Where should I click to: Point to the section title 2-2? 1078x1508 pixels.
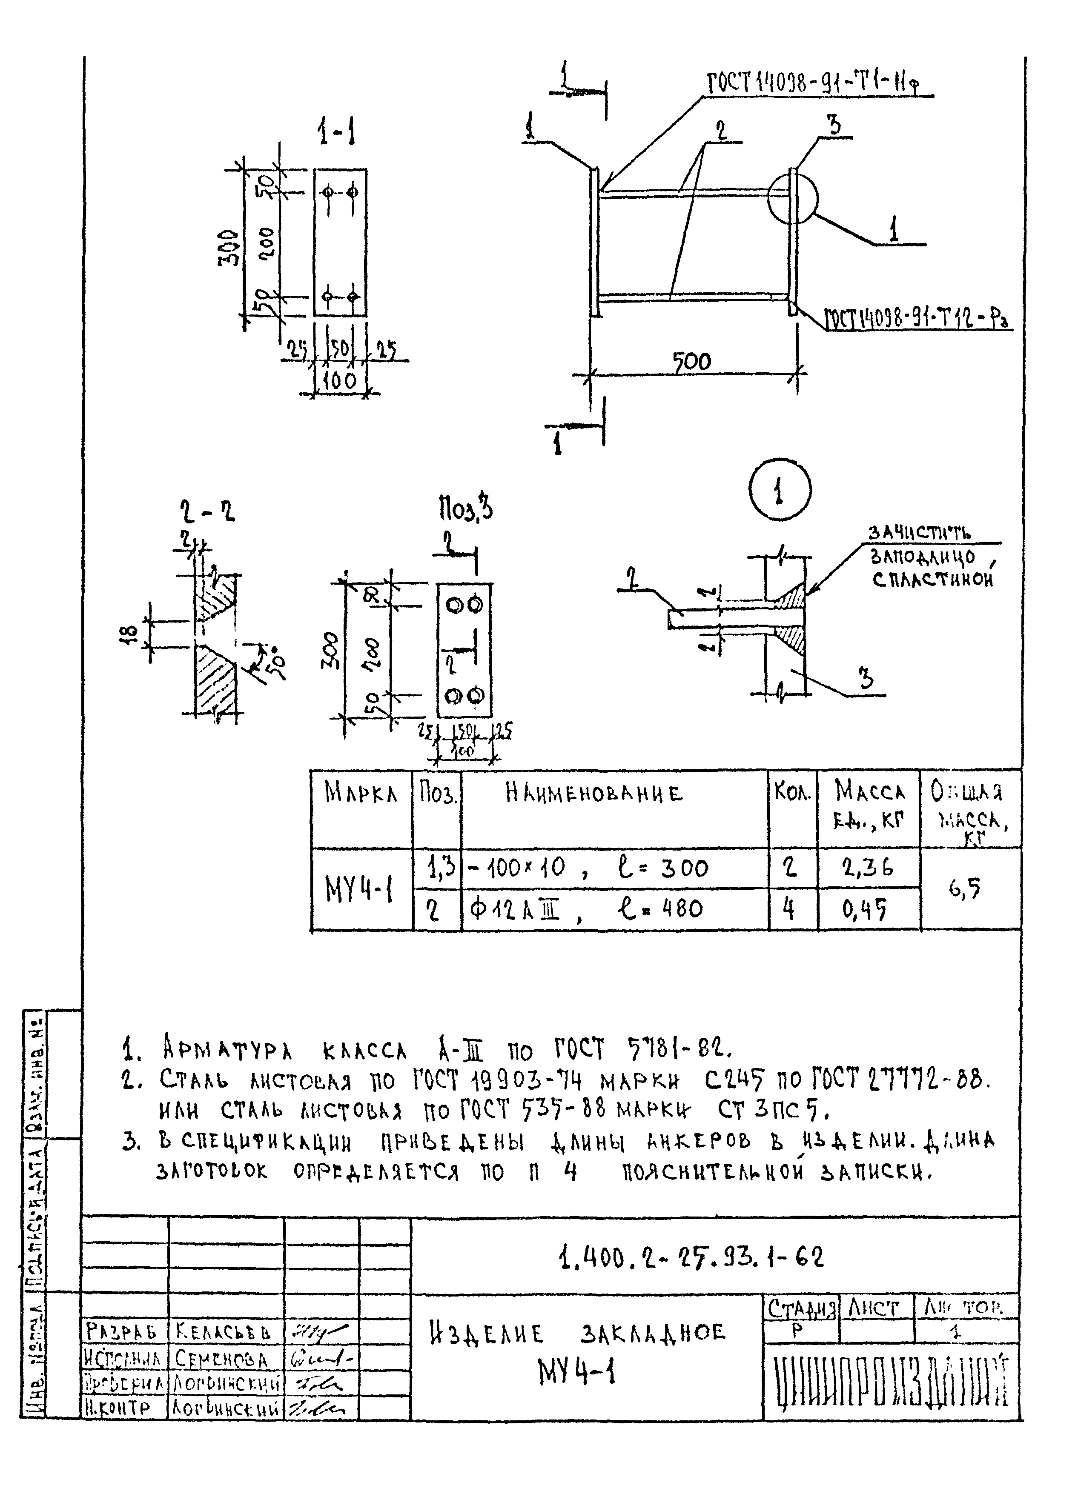click(x=207, y=511)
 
